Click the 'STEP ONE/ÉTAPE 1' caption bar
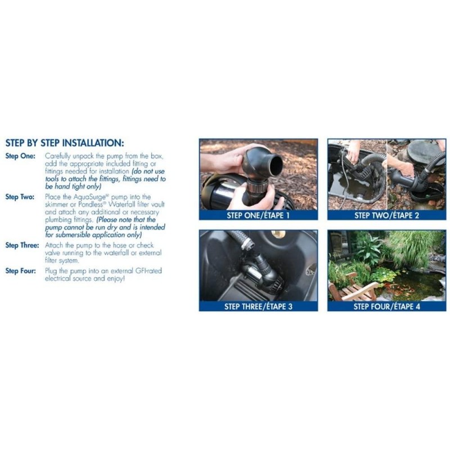click(x=258, y=215)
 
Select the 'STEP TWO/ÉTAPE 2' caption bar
click(x=387, y=215)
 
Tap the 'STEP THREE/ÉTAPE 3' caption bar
click(x=258, y=307)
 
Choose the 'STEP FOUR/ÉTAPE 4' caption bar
click(x=387, y=307)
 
